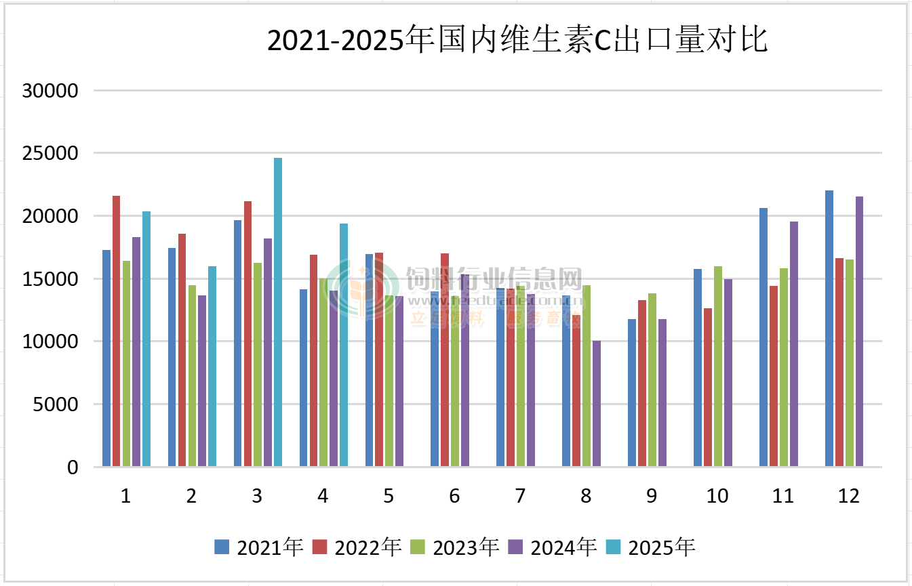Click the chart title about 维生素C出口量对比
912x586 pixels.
tap(517, 41)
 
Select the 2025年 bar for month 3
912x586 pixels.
tap(278, 312)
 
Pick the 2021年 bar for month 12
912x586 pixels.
tap(829, 329)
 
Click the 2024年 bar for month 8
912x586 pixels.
tap(597, 404)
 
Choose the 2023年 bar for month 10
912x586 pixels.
tap(717, 367)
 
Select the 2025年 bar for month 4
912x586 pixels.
tap(344, 345)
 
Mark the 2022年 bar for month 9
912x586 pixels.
tap(641, 383)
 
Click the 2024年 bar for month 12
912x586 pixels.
tap(859, 331)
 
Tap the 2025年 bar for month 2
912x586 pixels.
tap(212, 367)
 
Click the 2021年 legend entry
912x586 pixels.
tap(258, 547)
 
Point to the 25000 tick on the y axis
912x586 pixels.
tap(51, 153)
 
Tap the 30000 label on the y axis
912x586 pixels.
tap(51, 90)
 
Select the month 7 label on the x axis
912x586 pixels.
tap(520, 497)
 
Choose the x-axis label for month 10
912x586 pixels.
tap(717, 497)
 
